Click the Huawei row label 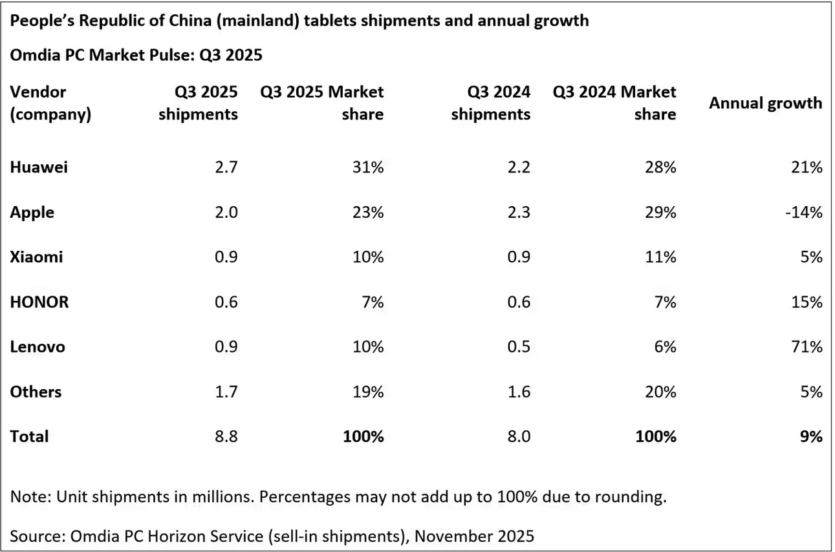39,167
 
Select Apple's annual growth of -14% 805,212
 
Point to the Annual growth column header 765,103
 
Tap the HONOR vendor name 39,302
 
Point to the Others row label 36,392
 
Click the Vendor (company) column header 50,103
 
